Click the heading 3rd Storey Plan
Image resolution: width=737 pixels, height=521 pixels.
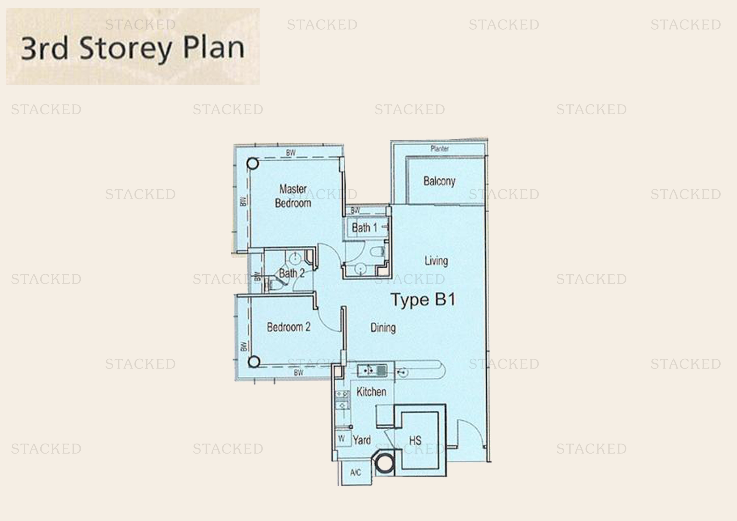coord(133,48)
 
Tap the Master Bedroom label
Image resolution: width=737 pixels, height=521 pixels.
coord(293,196)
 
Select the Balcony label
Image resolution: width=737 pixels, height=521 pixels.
coord(439,181)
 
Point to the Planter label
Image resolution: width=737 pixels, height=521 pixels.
coord(440,149)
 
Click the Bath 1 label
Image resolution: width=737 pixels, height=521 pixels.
coord(364,228)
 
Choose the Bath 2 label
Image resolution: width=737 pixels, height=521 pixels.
coord(291,273)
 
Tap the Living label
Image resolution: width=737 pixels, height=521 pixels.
coord(436,261)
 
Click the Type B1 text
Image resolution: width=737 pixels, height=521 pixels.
coord(423,300)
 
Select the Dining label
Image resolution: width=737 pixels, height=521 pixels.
coord(383,328)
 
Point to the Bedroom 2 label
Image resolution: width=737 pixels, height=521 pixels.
coord(289,327)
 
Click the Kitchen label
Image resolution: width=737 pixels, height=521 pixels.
coord(371,392)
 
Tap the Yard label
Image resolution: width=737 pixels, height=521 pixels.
coord(362,440)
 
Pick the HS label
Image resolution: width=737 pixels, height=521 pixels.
coord(415,440)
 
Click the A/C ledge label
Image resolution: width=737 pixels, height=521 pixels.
coord(355,472)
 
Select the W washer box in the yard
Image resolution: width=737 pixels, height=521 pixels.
coord(342,438)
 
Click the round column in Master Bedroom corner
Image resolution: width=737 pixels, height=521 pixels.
coord(253,163)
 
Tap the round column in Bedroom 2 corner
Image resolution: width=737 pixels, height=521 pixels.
coord(254,362)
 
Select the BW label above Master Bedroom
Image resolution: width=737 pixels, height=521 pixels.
coord(291,153)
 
